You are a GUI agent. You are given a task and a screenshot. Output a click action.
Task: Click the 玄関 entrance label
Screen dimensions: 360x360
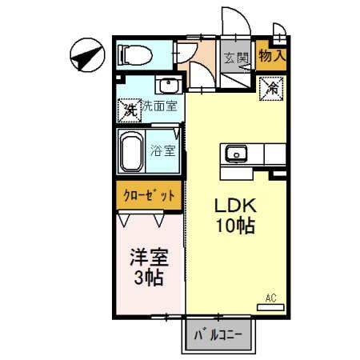click(235, 58)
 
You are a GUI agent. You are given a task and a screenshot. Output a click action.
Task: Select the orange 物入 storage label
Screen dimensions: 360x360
click(272, 56)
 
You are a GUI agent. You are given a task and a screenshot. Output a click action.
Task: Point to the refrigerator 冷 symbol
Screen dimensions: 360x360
click(271, 86)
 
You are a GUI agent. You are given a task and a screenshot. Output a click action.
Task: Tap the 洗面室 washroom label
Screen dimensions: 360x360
click(160, 106)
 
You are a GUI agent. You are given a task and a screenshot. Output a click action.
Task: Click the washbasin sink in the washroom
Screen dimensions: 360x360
click(169, 86)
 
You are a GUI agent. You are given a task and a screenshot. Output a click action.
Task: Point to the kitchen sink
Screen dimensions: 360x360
click(237, 154)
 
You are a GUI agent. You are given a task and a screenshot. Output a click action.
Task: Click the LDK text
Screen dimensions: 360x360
click(232, 205)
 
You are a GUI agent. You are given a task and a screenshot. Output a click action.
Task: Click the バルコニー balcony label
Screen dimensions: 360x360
click(220, 336)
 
